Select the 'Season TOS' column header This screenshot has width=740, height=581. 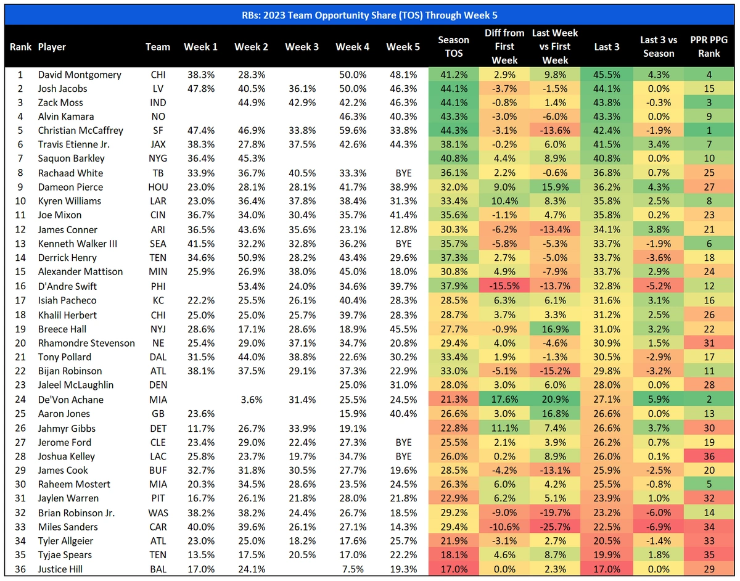(x=453, y=46)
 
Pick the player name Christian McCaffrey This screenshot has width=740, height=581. (x=80, y=130)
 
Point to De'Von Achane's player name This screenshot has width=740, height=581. (x=70, y=400)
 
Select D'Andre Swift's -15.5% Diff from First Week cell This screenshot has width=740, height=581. (x=504, y=286)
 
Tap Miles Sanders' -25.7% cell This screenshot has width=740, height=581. (x=555, y=527)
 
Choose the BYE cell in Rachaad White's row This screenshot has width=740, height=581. (x=403, y=173)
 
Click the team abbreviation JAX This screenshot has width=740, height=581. (x=158, y=144)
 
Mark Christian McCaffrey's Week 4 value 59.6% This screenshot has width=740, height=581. (x=352, y=130)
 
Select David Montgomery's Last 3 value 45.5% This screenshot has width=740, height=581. (x=606, y=75)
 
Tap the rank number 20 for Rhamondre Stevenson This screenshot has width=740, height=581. (x=19, y=343)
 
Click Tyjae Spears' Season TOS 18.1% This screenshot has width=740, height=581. (x=453, y=555)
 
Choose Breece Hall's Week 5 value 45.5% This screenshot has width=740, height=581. (x=403, y=329)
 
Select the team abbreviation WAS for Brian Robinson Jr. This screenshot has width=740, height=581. (x=158, y=513)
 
